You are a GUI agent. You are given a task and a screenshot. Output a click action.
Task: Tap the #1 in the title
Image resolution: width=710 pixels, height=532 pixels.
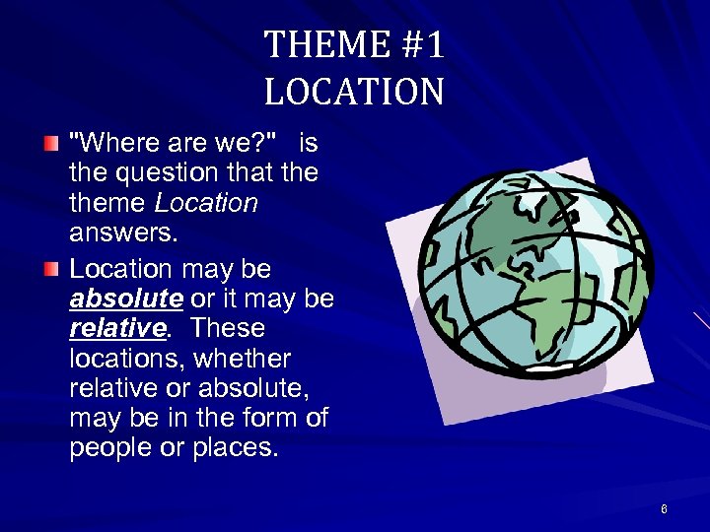pos(418,45)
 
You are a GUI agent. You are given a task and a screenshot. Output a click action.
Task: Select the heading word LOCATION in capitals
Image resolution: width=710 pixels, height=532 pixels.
pos(354,93)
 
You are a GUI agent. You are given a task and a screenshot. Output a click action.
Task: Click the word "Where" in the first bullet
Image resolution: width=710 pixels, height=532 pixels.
pos(109,144)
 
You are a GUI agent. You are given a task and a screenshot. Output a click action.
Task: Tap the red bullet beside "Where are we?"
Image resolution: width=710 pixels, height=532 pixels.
pos(51,145)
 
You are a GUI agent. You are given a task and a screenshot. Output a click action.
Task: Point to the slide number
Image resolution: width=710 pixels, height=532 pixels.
pos(664,509)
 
